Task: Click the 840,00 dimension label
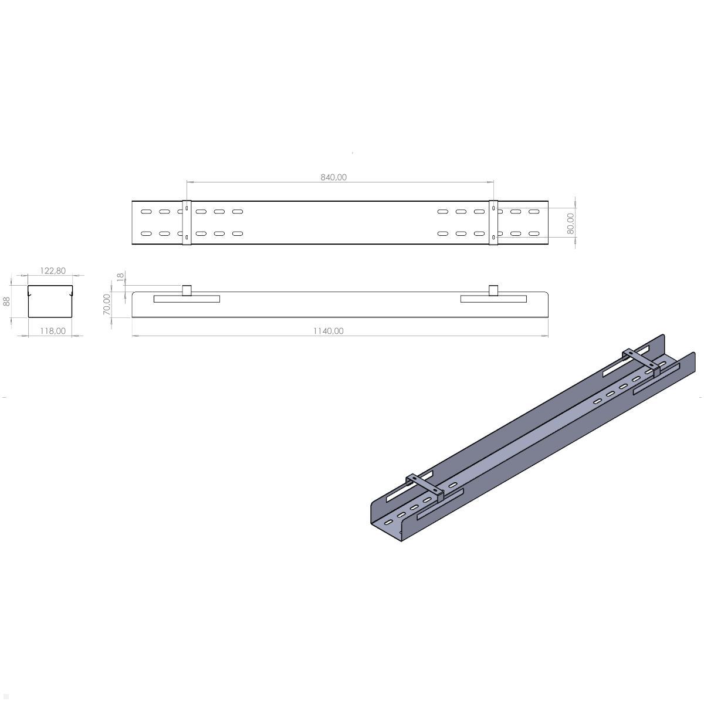click(334, 177)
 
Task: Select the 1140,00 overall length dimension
click(328, 331)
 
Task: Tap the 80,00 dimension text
click(571, 224)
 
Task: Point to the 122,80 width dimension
click(53, 270)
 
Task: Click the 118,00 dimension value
click(53, 331)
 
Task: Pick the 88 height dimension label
click(7, 302)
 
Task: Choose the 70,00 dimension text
click(107, 304)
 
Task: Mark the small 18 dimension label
click(121, 277)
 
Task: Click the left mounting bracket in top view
click(187, 222)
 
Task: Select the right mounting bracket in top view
click(493, 222)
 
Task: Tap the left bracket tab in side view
click(187, 290)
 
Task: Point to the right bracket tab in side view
click(493, 290)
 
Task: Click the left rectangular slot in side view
click(187, 299)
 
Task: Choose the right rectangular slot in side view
click(493, 299)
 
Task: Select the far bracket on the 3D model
click(642, 360)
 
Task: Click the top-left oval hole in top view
click(146, 211)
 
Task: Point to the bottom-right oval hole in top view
click(533, 233)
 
